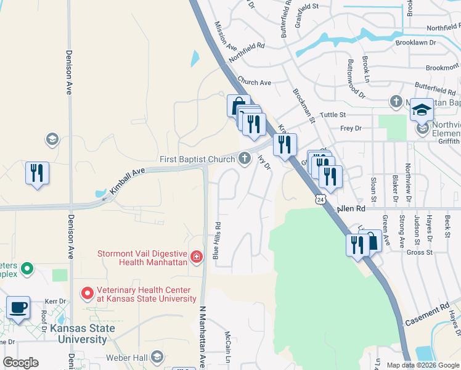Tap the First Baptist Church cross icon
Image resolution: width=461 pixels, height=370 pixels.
pos(245,159)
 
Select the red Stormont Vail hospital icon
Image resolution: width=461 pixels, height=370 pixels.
pos(196,257)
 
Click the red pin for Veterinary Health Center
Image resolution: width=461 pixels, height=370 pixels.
pos(88,292)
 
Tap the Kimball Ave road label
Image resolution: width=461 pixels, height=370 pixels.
pos(128,184)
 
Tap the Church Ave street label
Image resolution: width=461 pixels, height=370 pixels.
pos(254,82)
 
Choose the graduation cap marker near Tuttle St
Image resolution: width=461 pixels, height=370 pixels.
pos(422,110)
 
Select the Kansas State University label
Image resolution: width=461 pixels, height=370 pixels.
pos(83,334)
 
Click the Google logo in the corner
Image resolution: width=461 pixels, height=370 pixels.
pos(21,363)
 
